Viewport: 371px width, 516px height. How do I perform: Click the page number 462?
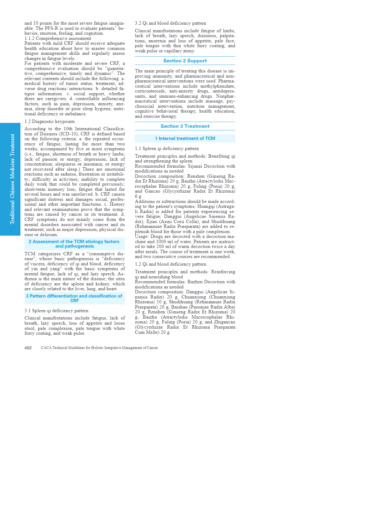28,348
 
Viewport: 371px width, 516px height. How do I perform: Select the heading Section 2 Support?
185,61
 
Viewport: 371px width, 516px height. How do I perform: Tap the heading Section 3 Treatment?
185,126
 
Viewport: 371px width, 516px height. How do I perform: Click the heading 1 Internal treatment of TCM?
185,138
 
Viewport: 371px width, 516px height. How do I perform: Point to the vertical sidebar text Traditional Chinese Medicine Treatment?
12,179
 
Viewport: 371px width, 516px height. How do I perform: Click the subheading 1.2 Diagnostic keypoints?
49,121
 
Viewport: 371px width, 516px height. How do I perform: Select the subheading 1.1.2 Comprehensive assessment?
58,38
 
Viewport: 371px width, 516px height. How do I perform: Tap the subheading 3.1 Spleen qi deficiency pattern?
56,311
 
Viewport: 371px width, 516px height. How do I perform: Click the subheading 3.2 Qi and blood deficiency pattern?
171,23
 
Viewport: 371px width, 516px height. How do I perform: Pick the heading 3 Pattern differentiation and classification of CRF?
74,298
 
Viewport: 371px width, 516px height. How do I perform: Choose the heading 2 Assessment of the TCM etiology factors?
74,244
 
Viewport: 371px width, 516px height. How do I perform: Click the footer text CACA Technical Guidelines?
99,348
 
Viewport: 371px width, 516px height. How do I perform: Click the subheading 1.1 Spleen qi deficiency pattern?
167,148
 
